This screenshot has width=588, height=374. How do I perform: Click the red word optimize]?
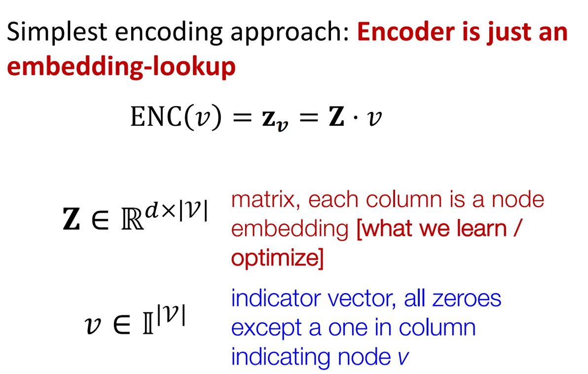(x=277, y=258)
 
